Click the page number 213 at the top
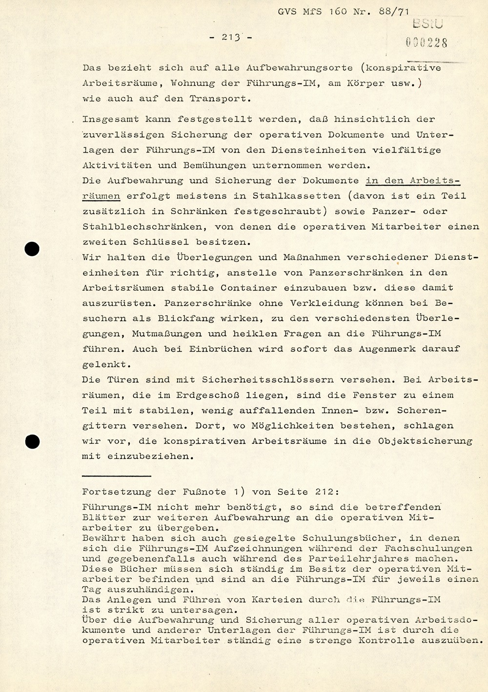pyautogui.click(x=231, y=37)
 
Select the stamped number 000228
pyautogui.click(x=426, y=42)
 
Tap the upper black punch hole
pyautogui.click(x=32, y=249)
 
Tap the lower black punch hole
pyautogui.click(x=32, y=442)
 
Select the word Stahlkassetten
pyautogui.click(x=296, y=196)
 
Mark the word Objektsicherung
pyautogui.click(x=425, y=441)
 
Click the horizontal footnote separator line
pyautogui.click(x=116, y=475)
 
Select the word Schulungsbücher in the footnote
pyautogui.click(x=349, y=538)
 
